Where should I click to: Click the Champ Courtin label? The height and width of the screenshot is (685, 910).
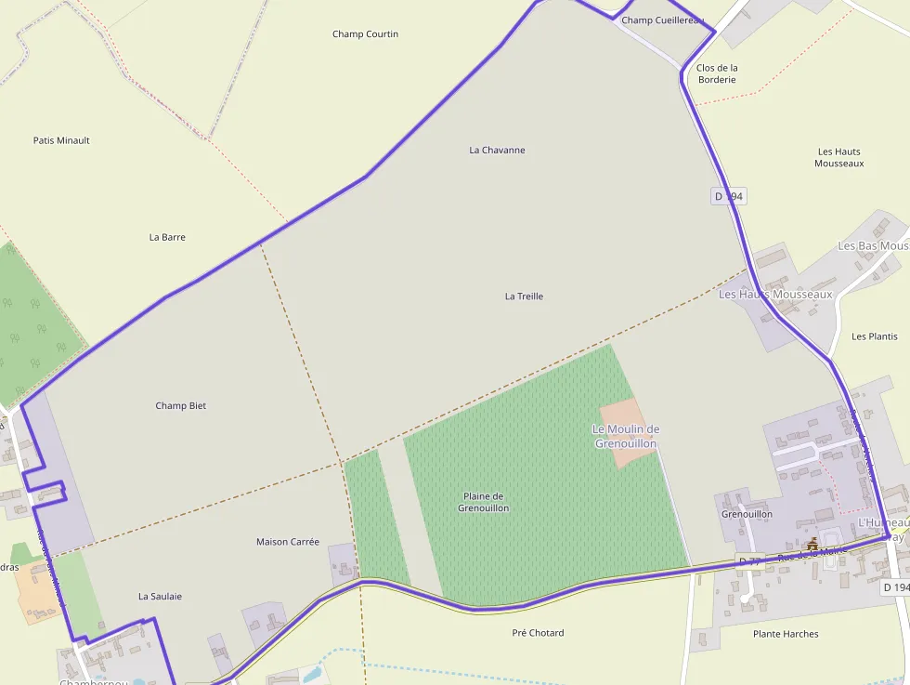(365, 34)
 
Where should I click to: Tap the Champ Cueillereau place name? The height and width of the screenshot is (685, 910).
(662, 20)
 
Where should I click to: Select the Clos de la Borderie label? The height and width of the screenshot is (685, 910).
(717, 73)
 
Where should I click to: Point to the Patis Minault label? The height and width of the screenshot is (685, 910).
(61, 140)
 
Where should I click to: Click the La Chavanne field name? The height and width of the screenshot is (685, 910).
(497, 150)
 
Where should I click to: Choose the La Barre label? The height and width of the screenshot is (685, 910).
(167, 237)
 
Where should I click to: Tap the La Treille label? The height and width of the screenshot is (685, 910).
(524, 296)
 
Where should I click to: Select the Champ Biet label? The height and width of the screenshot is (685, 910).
(181, 405)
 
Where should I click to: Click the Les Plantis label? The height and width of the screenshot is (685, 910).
(875, 336)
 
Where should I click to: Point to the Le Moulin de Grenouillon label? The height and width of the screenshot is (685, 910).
(625, 436)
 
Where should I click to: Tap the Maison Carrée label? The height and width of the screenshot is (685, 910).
(288, 542)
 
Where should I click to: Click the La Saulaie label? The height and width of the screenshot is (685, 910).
(160, 596)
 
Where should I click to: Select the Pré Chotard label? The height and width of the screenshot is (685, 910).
(538, 633)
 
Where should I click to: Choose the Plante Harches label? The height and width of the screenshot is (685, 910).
(786, 634)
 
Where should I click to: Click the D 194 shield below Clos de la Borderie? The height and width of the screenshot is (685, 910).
(730, 196)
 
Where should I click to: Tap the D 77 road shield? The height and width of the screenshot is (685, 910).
(747, 561)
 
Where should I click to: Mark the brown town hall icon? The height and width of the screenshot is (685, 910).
(813, 544)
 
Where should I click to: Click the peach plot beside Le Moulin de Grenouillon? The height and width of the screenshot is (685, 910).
(620, 420)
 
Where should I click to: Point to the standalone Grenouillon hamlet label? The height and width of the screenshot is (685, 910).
(747, 514)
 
